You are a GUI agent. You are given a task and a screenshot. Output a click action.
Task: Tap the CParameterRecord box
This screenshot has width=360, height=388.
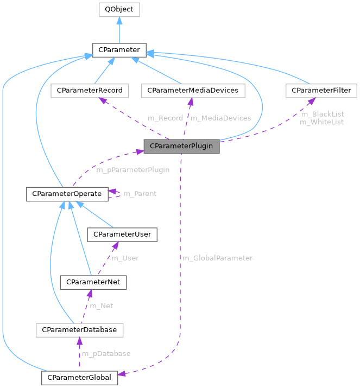(x=90, y=91)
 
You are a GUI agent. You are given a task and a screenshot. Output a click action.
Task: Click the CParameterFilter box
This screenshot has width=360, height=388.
(x=321, y=91)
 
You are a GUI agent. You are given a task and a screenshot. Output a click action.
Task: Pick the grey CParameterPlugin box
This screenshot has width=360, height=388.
(x=181, y=146)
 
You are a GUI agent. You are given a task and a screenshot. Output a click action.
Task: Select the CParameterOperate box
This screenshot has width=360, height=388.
(x=67, y=194)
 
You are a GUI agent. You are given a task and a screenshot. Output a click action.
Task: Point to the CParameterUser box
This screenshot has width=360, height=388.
(x=124, y=234)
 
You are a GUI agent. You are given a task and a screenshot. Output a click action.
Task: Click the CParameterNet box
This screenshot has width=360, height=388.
(x=93, y=282)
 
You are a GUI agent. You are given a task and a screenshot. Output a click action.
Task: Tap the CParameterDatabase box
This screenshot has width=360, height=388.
(x=79, y=330)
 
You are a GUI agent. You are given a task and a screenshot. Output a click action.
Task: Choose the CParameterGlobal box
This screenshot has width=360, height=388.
(x=79, y=377)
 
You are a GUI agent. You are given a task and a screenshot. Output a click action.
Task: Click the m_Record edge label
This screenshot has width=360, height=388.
(x=165, y=118)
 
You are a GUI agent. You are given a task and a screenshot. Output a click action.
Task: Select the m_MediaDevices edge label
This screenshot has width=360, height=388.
(x=220, y=118)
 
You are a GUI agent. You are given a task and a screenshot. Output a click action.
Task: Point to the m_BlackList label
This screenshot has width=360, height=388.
(x=322, y=115)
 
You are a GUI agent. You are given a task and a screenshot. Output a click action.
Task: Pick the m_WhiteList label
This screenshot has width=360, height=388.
(x=322, y=123)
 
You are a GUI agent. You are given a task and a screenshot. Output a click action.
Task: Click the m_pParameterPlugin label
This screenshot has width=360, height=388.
(x=132, y=170)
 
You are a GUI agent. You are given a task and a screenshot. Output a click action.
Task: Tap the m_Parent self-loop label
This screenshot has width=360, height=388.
(x=140, y=194)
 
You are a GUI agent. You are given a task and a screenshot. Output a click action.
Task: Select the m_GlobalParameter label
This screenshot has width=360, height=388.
(x=217, y=258)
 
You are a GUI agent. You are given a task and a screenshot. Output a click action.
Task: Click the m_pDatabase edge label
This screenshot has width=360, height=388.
(x=106, y=354)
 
